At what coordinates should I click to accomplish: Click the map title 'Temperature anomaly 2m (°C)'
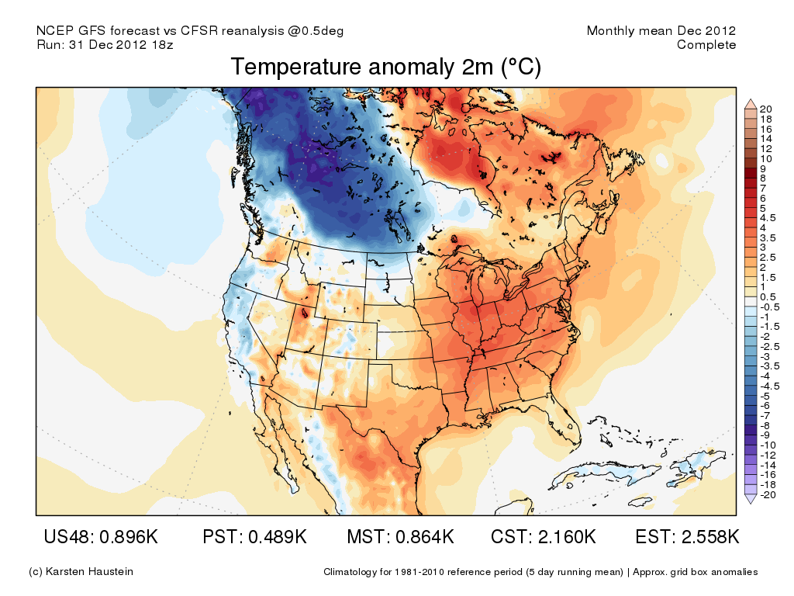click(385, 68)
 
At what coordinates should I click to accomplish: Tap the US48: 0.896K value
click(101, 537)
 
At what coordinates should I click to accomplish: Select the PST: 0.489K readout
click(254, 537)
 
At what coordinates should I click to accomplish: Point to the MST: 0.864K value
click(399, 537)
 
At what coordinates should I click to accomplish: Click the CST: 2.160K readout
click(544, 537)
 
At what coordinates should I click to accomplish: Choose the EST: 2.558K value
click(687, 537)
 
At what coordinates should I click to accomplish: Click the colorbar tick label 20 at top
click(767, 109)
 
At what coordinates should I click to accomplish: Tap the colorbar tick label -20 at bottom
click(768, 494)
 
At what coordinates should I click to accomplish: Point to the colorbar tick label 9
click(764, 168)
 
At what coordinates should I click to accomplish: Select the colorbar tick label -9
click(765, 435)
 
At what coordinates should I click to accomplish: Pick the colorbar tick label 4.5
click(768, 218)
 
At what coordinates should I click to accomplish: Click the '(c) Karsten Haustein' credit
click(81, 572)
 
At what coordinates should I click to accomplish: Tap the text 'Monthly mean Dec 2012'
click(661, 31)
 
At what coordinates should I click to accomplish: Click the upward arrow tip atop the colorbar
click(751, 102)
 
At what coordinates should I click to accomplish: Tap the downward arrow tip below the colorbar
click(751, 501)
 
